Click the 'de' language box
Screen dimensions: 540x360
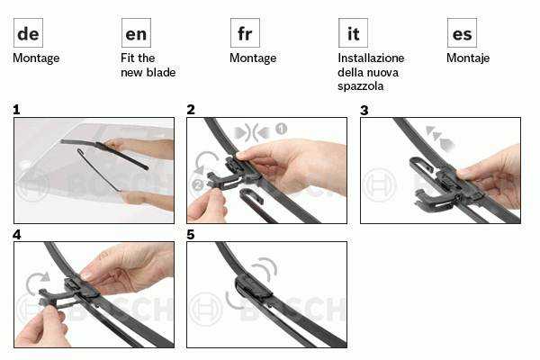pyautogui.click(x=28, y=33)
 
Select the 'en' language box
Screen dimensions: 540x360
pyautogui.click(x=137, y=33)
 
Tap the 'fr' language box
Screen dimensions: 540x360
pyautogui.click(x=245, y=33)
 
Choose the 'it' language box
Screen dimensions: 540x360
pyautogui.click(x=353, y=33)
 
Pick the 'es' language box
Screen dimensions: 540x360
pyautogui.click(x=462, y=33)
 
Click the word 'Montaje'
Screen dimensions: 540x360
pyautogui.click(x=468, y=58)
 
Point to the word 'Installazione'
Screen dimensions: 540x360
pyautogui.click(x=371, y=58)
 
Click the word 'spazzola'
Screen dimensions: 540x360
pyautogui.click(x=360, y=86)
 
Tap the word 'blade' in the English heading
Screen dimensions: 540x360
pyautogui.click(x=161, y=72)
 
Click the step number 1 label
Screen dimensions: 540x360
pyautogui.click(x=16, y=110)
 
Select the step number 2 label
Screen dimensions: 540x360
pyautogui.click(x=191, y=110)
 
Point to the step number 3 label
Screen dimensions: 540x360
pyautogui.click(x=364, y=110)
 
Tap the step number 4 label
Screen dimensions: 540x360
pyautogui.click(x=16, y=235)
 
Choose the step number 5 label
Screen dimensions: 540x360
pyautogui.click(x=191, y=235)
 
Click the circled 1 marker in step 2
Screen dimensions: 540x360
pyautogui.click(x=281, y=129)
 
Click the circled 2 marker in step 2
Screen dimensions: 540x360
pyautogui.click(x=198, y=185)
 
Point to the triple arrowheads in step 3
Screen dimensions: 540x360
pyautogui.click(x=440, y=138)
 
